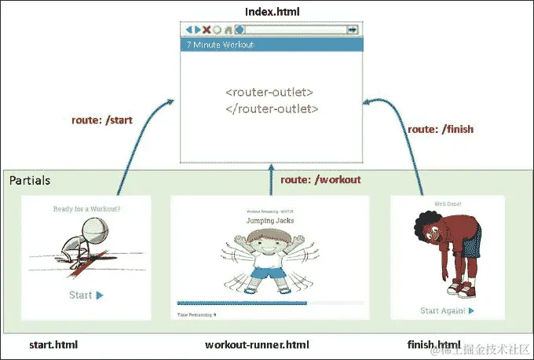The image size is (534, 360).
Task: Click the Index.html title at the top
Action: tap(271, 11)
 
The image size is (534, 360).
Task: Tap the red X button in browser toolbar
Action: tap(207, 30)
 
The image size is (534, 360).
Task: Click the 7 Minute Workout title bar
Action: tap(271, 45)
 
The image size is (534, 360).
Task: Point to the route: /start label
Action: tap(103, 119)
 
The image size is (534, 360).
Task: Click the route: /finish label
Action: tap(441, 128)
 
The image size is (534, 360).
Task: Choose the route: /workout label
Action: tap(320, 179)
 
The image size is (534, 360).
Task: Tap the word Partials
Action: tap(31, 181)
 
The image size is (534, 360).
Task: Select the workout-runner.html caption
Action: tap(257, 345)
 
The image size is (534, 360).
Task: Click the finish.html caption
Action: tap(433, 345)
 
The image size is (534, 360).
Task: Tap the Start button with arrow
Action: tap(86, 296)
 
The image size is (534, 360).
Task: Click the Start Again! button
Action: tap(447, 310)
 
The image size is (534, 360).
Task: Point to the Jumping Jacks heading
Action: tap(269, 222)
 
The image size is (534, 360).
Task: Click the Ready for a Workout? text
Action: tap(86, 209)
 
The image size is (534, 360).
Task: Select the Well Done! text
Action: tap(445, 204)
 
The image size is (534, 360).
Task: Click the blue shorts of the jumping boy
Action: tap(270, 275)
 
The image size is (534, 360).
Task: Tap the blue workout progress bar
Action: tap(242, 303)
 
